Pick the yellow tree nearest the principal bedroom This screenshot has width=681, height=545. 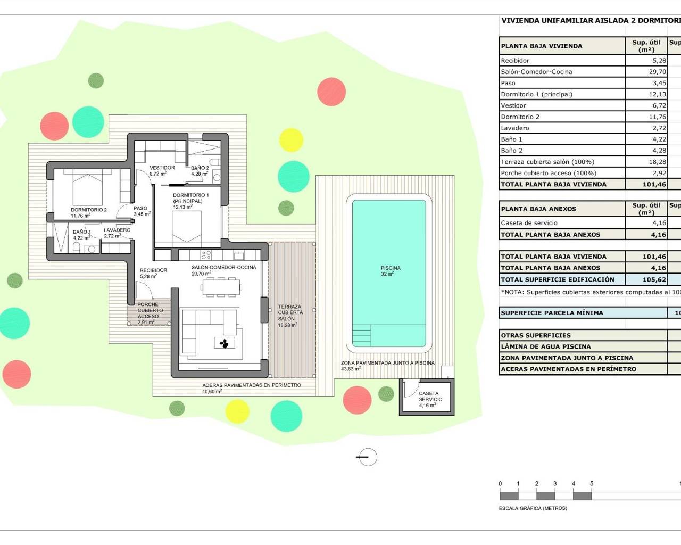[291, 139]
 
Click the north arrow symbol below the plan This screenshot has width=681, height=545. [367, 457]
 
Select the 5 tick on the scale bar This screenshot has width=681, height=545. [592, 484]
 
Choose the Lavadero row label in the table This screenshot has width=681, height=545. [515, 128]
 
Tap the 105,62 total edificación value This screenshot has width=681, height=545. [654, 279]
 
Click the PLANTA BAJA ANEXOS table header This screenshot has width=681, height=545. [538, 209]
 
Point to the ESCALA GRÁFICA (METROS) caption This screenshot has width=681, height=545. [533, 508]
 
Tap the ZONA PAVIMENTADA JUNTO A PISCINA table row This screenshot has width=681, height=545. [567, 358]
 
